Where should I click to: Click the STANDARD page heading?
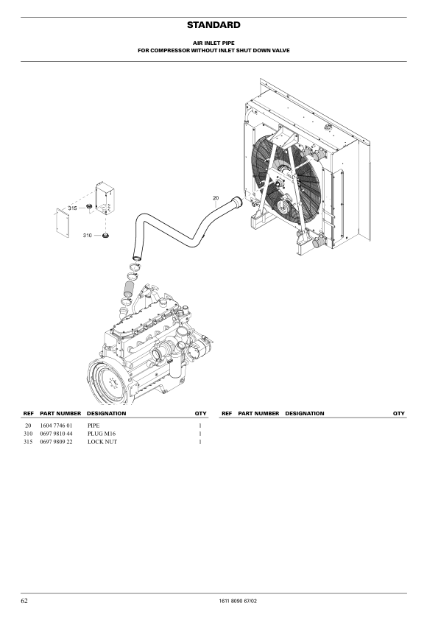pyautogui.click(x=213, y=25)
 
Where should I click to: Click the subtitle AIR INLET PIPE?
pyautogui.click(x=213, y=43)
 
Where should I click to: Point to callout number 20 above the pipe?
pyautogui.click(x=216, y=197)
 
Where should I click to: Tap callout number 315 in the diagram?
pyautogui.click(x=72, y=208)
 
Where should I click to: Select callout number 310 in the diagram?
pyautogui.click(x=88, y=236)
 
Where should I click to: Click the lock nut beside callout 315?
pyautogui.click(x=89, y=206)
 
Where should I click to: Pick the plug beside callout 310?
pyautogui.click(x=105, y=236)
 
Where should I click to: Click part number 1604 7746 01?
pyautogui.click(x=56, y=426)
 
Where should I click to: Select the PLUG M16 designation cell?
pyautogui.click(x=102, y=434)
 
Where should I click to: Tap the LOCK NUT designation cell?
pyautogui.click(x=102, y=442)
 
